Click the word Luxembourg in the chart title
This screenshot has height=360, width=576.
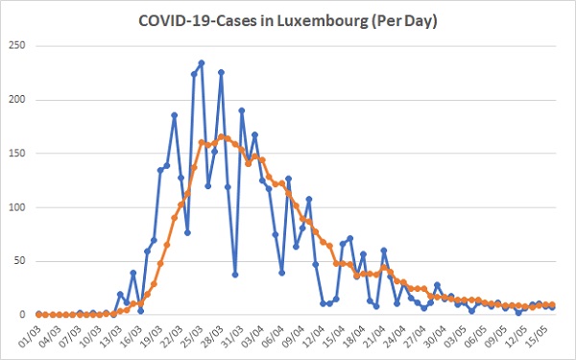[322, 21]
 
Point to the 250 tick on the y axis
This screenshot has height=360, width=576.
[17, 45]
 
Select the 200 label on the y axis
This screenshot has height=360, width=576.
[17, 100]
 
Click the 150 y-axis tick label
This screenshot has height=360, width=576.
[17, 154]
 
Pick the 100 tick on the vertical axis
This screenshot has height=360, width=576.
[17, 207]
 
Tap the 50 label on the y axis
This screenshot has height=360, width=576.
[19, 261]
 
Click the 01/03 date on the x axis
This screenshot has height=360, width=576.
[29, 337]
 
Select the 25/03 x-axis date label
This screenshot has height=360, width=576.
[191, 337]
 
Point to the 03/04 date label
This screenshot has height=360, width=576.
[252, 337]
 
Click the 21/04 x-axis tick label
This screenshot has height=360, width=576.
[372, 337]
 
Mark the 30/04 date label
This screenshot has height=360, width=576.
[434, 337]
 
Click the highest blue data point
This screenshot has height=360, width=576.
[201, 62]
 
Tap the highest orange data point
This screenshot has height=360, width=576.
[221, 137]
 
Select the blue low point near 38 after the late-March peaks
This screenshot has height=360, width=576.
[235, 275]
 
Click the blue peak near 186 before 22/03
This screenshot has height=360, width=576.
[174, 115]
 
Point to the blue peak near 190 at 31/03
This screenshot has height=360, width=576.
[242, 110]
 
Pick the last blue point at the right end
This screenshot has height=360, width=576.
[552, 307]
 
